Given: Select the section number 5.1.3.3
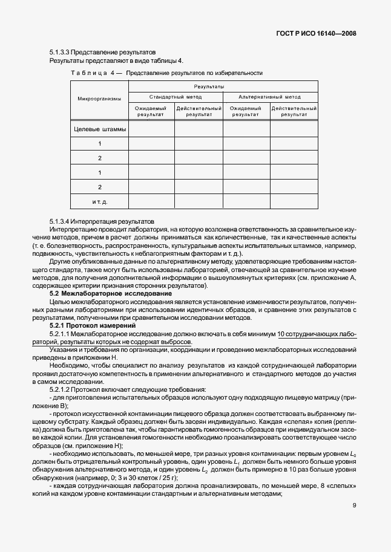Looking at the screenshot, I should (x=62, y=53).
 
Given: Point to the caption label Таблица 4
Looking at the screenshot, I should (x=93, y=73).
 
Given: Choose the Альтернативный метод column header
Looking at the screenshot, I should (x=269, y=97).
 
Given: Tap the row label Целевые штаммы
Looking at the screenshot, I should (x=100, y=129).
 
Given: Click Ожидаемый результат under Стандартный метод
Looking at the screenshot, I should (x=151, y=111).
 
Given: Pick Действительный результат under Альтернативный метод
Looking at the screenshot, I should (x=294, y=111).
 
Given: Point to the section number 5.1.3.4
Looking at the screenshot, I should (x=62, y=221).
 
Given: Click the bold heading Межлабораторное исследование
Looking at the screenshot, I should (x=117, y=293).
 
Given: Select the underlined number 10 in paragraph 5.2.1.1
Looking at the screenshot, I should (x=281, y=334).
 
